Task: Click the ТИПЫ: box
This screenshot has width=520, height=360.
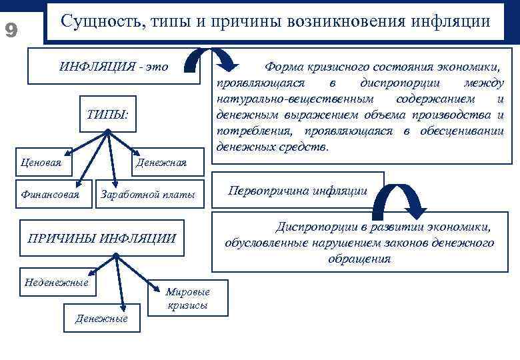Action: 107,114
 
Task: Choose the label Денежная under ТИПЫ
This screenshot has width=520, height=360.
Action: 161,162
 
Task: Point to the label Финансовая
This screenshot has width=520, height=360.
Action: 51,195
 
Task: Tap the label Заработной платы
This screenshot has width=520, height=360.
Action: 147,195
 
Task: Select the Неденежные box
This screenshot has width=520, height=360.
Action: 56,282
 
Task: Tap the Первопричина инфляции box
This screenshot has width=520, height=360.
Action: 297,191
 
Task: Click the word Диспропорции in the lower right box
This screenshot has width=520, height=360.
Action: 309,227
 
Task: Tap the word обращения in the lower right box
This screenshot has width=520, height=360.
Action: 359,259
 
